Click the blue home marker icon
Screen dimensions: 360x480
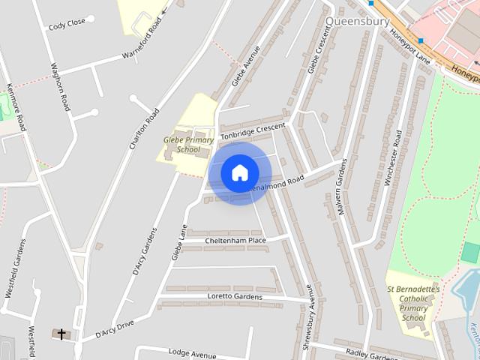[239, 172]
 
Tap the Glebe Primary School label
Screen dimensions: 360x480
[184, 144]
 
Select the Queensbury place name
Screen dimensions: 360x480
[358, 21]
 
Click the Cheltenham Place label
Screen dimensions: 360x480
[235, 240]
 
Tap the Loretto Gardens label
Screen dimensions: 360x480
[235, 297]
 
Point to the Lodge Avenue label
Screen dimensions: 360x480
[192, 352]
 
